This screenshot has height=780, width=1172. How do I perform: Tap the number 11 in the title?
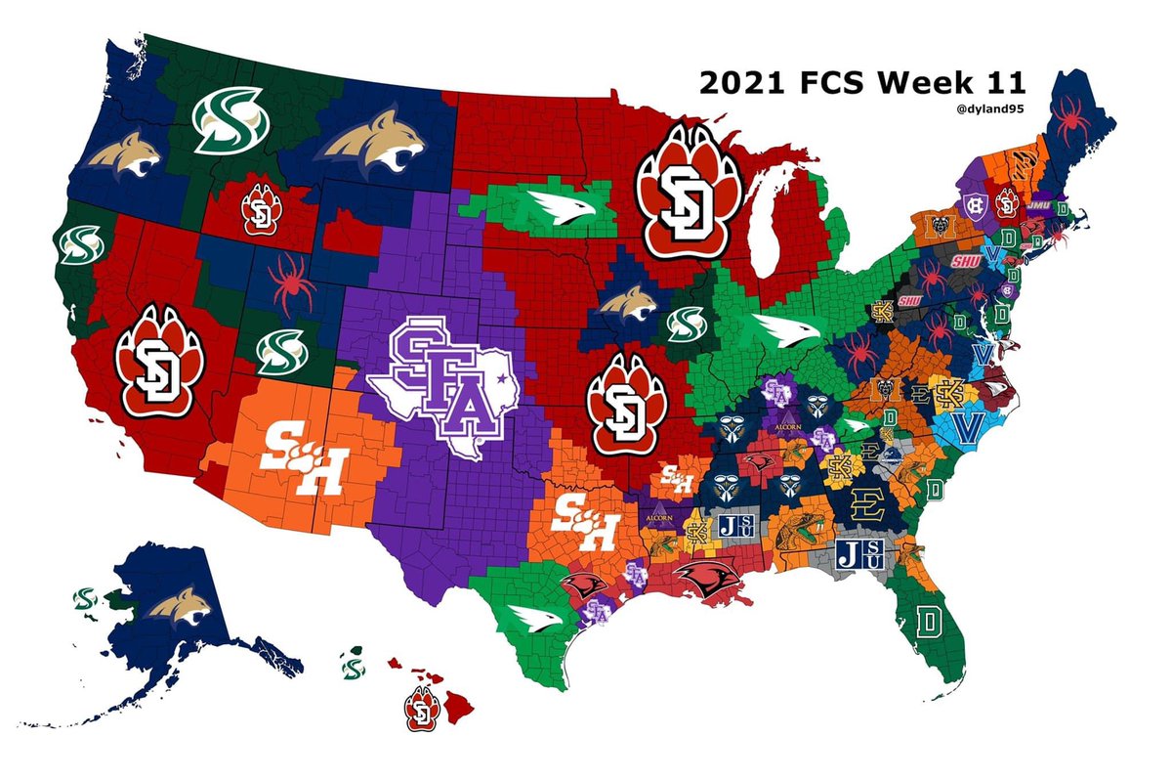(1001, 84)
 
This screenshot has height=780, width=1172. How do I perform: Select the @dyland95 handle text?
(991, 109)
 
